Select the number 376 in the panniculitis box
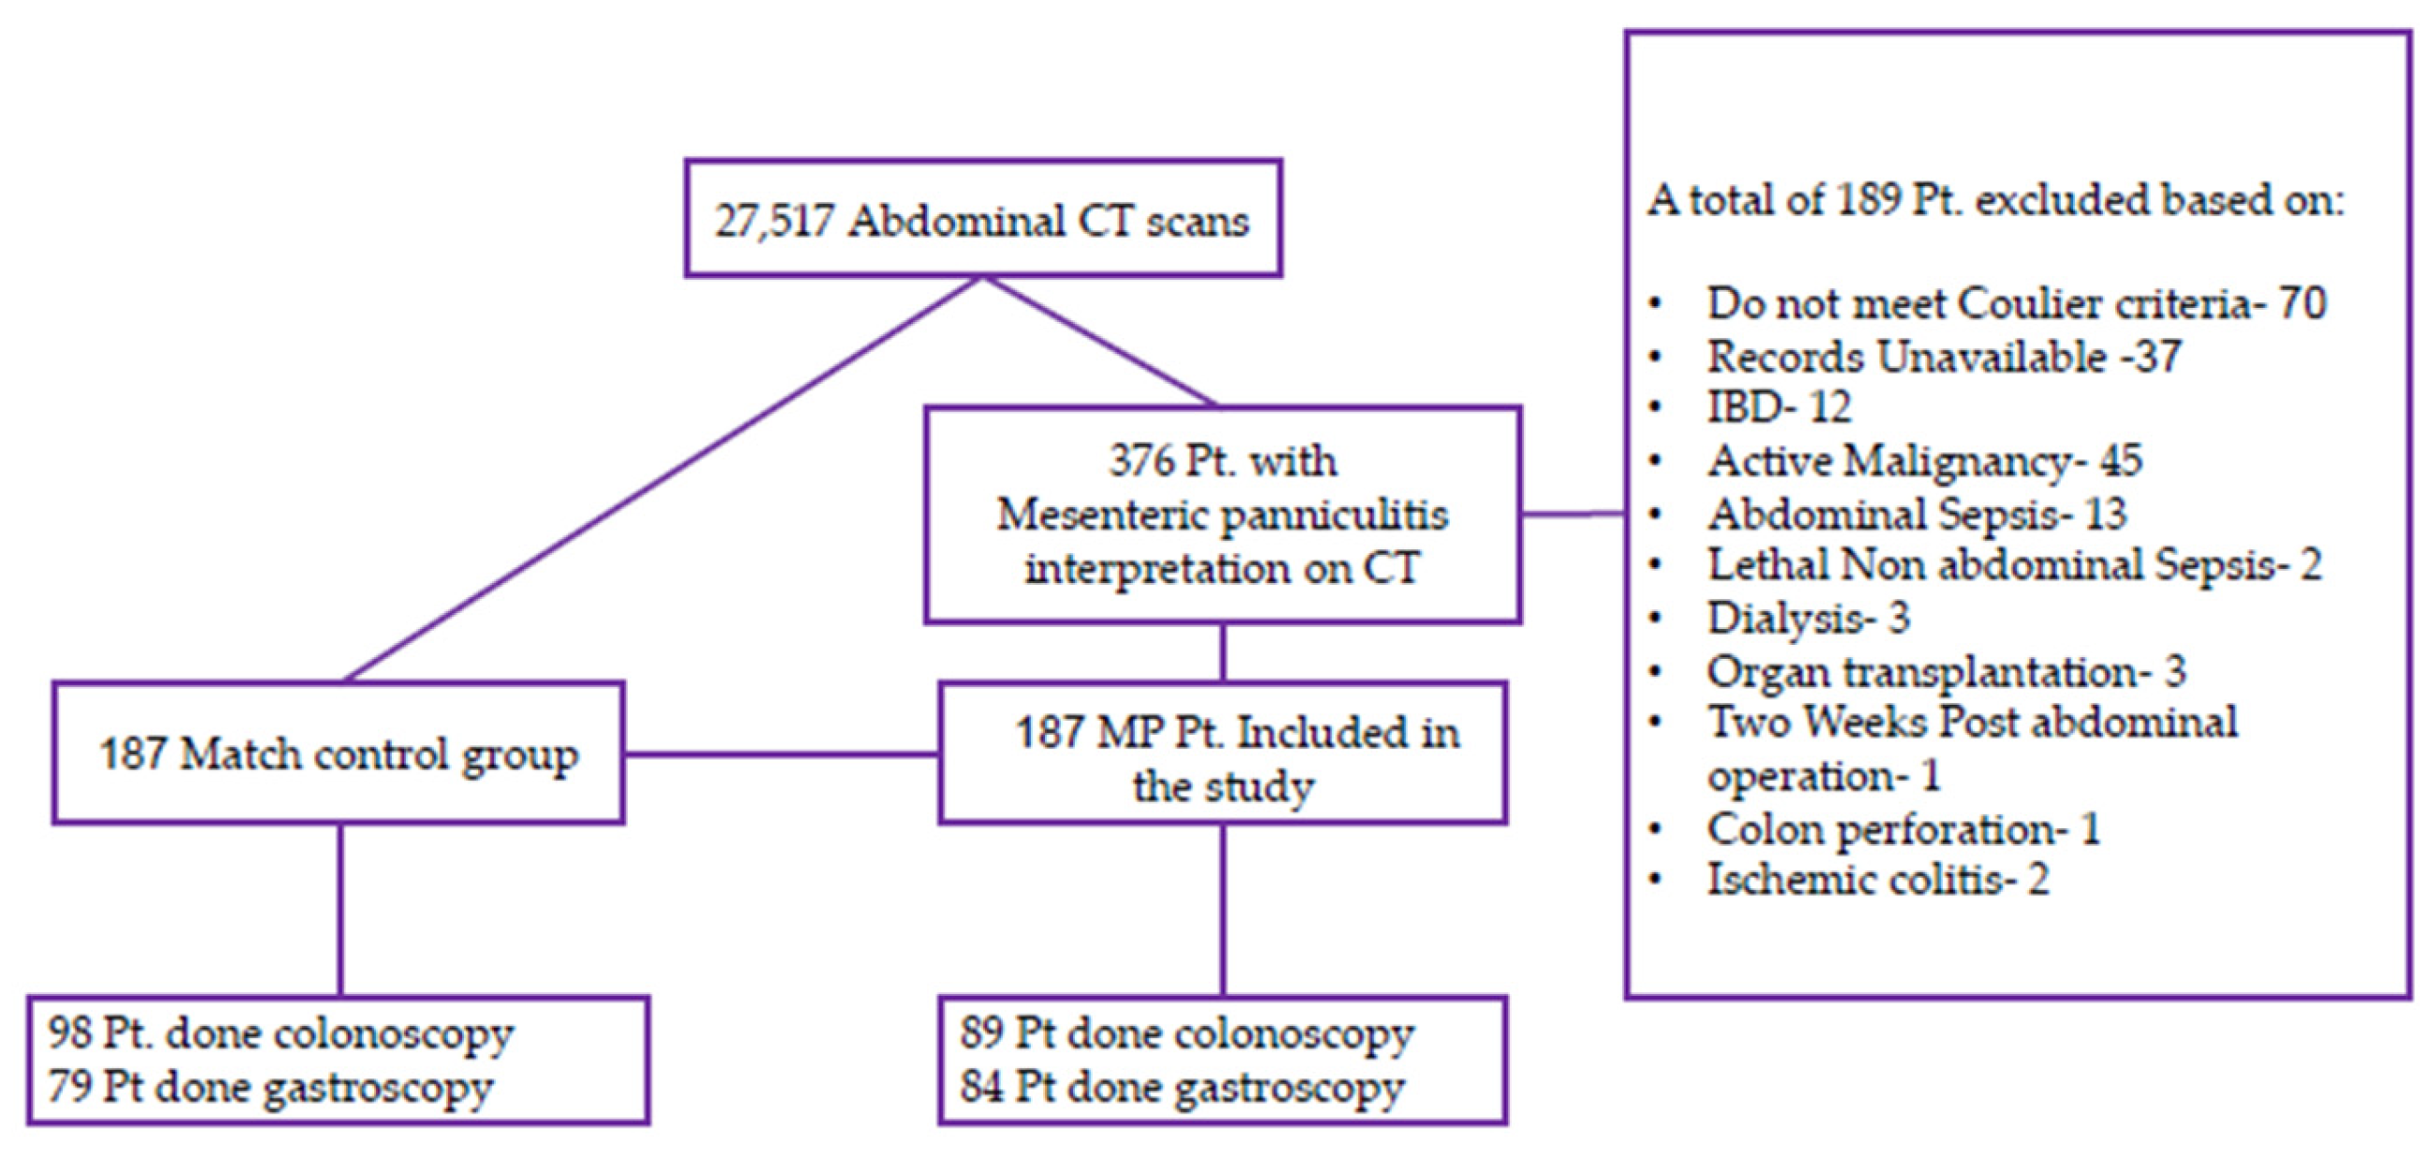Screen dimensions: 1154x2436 pyautogui.click(x=1140, y=460)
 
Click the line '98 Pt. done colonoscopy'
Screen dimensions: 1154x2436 pyautogui.click(x=280, y=1033)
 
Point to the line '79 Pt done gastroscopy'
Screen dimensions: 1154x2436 pyautogui.click(x=269, y=1087)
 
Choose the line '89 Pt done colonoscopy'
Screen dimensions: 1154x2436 pyautogui.click(x=1187, y=1033)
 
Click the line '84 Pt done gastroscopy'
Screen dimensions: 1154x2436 pyautogui.click(x=1182, y=1087)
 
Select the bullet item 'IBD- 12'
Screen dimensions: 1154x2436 pyautogui.click(x=1777, y=407)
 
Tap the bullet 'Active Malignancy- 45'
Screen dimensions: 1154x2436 pyautogui.click(x=1923, y=460)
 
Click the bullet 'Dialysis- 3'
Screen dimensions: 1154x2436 pyautogui.click(x=1807, y=618)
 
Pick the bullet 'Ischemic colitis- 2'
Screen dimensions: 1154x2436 pyautogui.click(x=1878, y=880)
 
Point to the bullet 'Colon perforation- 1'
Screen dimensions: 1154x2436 pyautogui.click(x=1903, y=829)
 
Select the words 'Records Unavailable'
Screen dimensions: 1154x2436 pyautogui.click(x=1907, y=358)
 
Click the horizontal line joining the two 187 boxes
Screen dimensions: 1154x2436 pyautogui.click(x=781, y=753)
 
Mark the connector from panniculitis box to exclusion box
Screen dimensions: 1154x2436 pyautogui.click(x=1573, y=515)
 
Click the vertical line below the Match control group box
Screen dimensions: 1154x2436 pyautogui.click(x=341, y=908)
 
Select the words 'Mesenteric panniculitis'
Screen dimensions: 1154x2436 pyautogui.click(x=1222, y=516)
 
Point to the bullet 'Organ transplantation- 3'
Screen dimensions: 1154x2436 pyautogui.click(x=1946, y=672)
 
